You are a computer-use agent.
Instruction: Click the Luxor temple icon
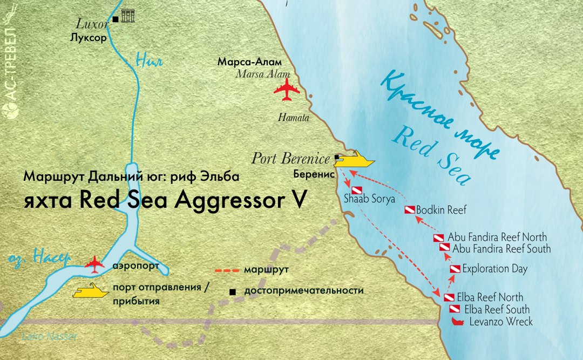coord(128,16)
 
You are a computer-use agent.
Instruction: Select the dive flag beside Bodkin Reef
coord(410,209)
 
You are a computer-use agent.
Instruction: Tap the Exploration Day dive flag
coord(455,269)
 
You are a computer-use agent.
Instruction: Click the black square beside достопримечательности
coord(233,291)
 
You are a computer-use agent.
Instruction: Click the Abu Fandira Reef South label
coord(501,249)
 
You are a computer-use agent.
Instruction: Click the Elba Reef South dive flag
coord(455,310)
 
